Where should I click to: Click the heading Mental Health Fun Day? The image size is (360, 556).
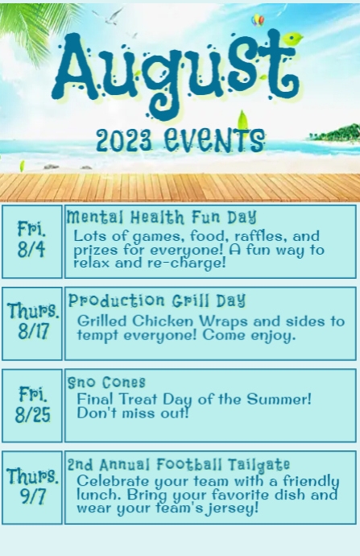(x=161, y=217)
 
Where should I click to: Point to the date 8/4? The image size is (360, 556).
(x=31, y=250)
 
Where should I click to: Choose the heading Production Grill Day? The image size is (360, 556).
(x=157, y=301)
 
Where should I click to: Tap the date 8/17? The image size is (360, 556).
(x=33, y=331)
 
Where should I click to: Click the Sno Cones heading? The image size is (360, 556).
(x=106, y=382)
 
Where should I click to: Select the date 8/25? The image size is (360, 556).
(x=32, y=414)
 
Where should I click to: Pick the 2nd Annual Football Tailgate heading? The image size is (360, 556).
(x=178, y=464)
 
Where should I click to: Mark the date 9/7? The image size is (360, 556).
(x=33, y=496)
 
